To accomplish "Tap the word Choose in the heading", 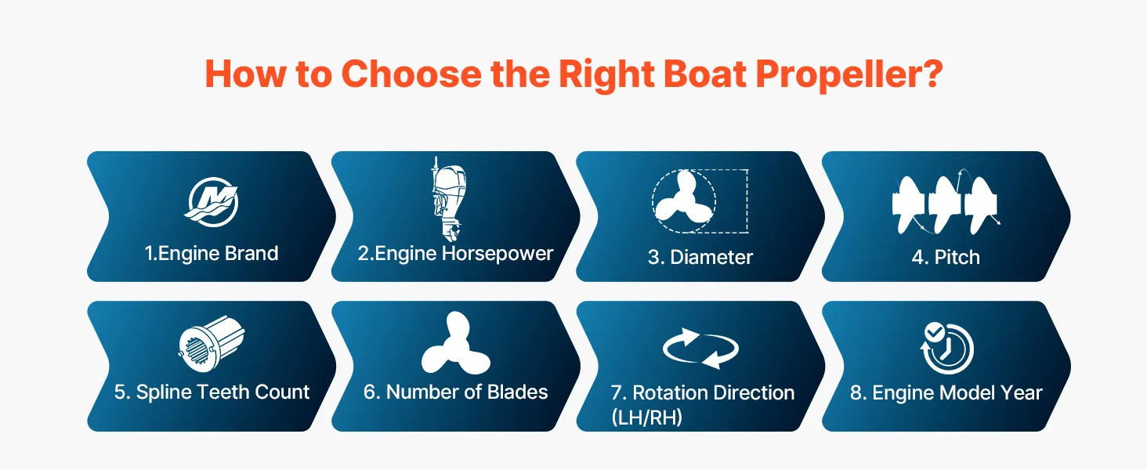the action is [x=411, y=74].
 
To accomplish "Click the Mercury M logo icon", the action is [x=212, y=202].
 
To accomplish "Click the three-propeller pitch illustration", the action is [x=945, y=203].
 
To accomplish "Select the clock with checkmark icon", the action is [x=946, y=348].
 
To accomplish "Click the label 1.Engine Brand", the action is [x=212, y=254].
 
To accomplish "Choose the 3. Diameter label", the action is [x=700, y=257].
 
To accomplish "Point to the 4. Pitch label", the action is [x=946, y=257].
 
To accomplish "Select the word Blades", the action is [x=518, y=392].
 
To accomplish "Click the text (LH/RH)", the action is [x=646, y=418].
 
